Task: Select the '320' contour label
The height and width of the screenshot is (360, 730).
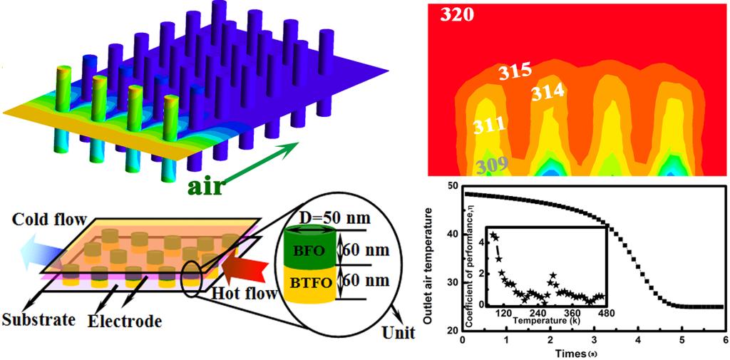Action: pos(456,14)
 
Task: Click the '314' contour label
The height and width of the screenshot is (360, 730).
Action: pos(547,92)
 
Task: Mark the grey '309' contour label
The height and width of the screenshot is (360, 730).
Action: pos(493,167)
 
